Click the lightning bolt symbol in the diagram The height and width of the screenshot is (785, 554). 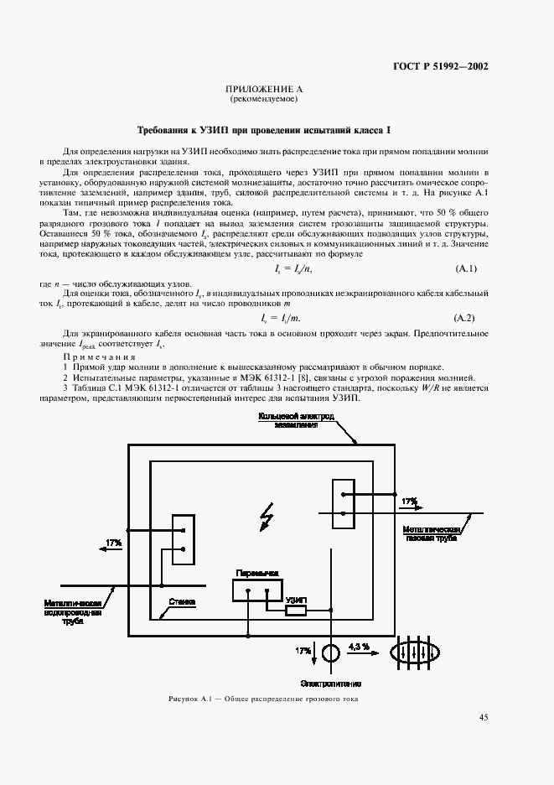click(267, 517)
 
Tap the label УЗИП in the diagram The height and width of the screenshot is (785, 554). click(295, 600)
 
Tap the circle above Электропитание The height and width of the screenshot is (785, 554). click(331, 652)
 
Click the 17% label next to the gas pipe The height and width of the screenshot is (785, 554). click(409, 501)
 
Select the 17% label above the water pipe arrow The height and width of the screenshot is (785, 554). click(114, 543)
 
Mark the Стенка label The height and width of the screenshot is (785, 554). click(182, 601)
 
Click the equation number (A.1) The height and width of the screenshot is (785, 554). click(465, 268)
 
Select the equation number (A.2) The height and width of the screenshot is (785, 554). click(465, 318)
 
